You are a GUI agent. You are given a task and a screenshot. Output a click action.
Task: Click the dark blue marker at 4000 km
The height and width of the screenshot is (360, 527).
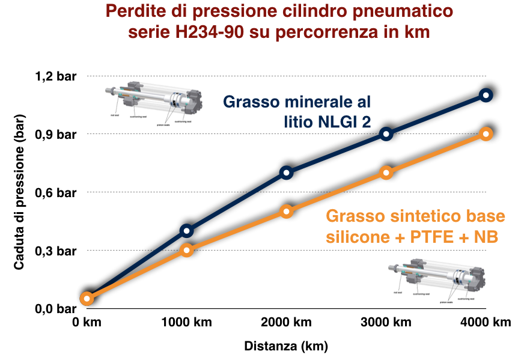[x=486, y=95]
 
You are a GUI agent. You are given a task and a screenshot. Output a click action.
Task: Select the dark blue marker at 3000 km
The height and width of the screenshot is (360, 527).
[x=386, y=134]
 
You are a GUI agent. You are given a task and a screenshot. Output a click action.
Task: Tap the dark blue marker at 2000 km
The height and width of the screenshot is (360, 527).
[x=286, y=173]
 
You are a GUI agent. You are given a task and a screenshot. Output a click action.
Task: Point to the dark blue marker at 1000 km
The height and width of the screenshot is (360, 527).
[x=186, y=231]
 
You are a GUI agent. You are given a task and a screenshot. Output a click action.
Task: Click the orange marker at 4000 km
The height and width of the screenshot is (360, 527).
[x=486, y=134]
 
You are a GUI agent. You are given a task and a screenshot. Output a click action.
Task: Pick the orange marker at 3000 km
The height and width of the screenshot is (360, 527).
[x=386, y=173]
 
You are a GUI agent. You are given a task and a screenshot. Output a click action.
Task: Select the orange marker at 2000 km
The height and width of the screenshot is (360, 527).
[x=286, y=212]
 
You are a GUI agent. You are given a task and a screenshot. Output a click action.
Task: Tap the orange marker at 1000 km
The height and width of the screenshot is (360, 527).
[x=186, y=250]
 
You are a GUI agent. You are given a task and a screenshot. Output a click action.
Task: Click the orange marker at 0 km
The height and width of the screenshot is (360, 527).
[x=87, y=298]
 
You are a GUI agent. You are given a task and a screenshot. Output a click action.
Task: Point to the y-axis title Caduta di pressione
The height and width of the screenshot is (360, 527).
[x=19, y=192]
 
